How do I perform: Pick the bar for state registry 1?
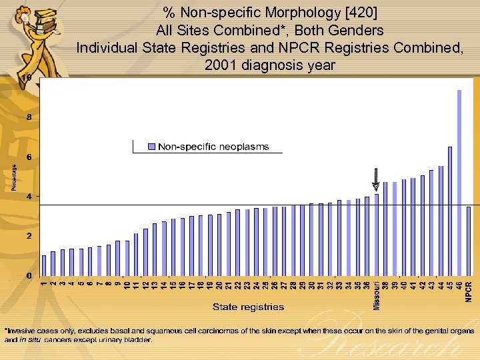44,265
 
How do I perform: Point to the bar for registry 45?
450,211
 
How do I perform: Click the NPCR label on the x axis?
469,291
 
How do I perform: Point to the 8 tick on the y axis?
28,117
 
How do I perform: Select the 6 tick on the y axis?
28,157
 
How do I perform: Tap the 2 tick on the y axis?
28,236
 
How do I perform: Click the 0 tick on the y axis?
28,275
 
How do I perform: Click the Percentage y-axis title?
15,177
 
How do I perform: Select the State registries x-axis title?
248,307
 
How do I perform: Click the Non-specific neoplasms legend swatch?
151,147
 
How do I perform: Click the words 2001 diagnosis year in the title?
270,65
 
